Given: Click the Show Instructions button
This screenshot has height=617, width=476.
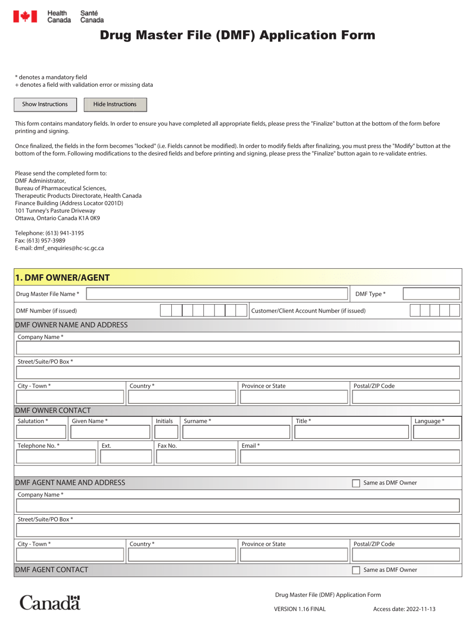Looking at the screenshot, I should pyautogui.click(x=45, y=104).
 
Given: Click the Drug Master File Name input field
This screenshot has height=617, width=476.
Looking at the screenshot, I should pyautogui.click(x=217, y=294).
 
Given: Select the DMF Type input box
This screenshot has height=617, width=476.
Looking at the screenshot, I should pyautogui.click(x=431, y=294).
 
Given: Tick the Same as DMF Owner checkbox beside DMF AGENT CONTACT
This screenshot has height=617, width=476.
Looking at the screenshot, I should pyautogui.click(x=356, y=570).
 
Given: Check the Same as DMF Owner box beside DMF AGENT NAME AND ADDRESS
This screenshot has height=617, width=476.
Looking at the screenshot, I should pyautogui.click(x=356, y=484).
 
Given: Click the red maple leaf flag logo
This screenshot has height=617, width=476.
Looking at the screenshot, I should pyautogui.click(x=25, y=17).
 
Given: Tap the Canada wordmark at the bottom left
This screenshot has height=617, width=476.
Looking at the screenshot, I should pyautogui.click(x=50, y=602).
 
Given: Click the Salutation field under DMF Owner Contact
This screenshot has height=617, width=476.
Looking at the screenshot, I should pyautogui.click(x=41, y=432).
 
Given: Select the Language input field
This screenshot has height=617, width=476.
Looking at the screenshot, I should pyautogui.click(x=436, y=432).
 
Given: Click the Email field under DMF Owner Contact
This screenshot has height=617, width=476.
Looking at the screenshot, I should pyautogui.click(x=349, y=456).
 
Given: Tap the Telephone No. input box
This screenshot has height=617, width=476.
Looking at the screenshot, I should pyautogui.click(x=56, y=456).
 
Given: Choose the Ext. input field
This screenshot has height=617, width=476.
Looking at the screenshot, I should pyautogui.click(x=125, y=456).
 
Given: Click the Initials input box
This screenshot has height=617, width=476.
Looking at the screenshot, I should pyautogui.click(x=165, y=432).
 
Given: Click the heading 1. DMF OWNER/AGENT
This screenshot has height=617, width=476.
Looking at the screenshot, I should pyautogui.click(x=63, y=277).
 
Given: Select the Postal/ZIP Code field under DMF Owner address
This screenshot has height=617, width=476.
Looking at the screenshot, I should pyautogui.click(x=405, y=397).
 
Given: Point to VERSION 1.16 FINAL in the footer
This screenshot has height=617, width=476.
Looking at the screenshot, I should pyautogui.click(x=299, y=609).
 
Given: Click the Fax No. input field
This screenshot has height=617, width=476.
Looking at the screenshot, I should pyautogui.click(x=195, y=456).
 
